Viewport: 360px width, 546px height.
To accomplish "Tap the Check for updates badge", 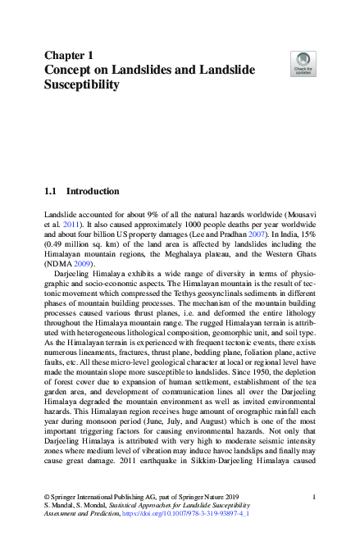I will click(x=303, y=63).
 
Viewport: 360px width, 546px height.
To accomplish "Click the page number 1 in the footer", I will click(x=316, y=497).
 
